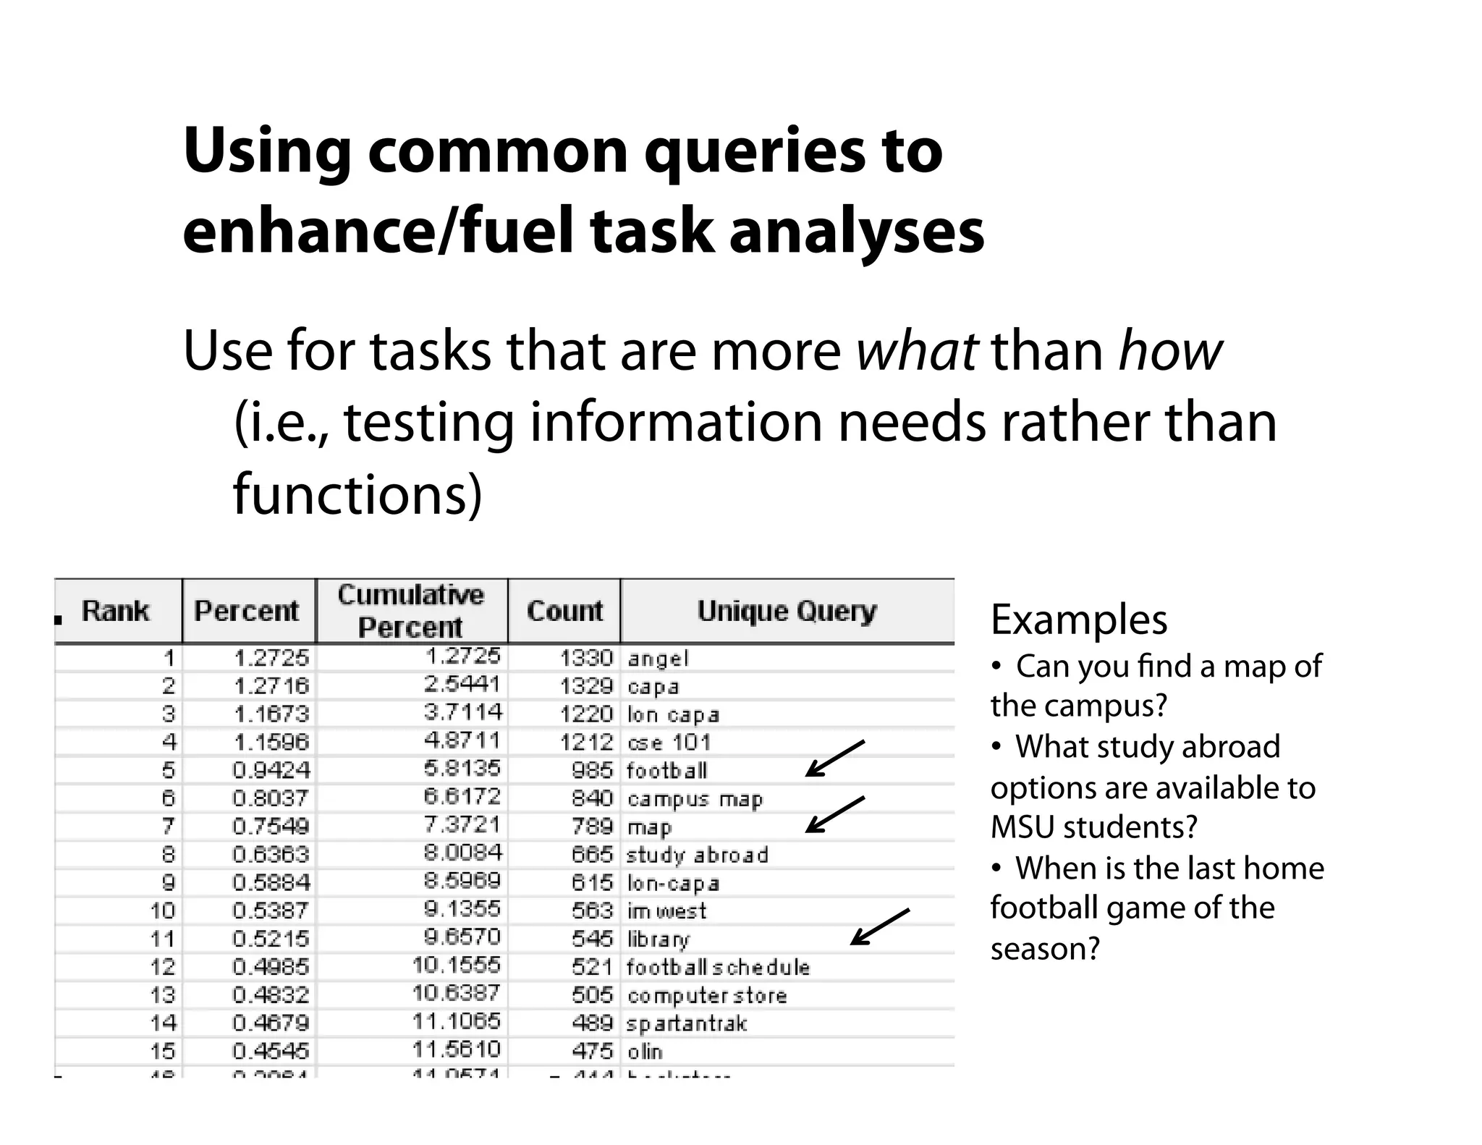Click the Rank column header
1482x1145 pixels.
point(116,611)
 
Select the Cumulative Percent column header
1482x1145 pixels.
point(411,611)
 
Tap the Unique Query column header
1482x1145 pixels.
point(787,611)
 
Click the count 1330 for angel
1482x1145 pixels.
point(586,658)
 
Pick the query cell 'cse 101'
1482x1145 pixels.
point(669,743)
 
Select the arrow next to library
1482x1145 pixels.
point(878,927)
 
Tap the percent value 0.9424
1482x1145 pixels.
point(271,770)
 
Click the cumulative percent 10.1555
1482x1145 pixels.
point(457,965)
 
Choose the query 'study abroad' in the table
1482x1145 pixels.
point(697,855)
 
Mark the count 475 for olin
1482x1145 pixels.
point(592,1050)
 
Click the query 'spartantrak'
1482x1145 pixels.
point(687,1023)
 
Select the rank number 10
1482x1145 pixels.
point(163,910)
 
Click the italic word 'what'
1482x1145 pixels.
point(917,351)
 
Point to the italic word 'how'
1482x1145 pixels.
point(1170,351)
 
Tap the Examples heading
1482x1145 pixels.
point(1078,620)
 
